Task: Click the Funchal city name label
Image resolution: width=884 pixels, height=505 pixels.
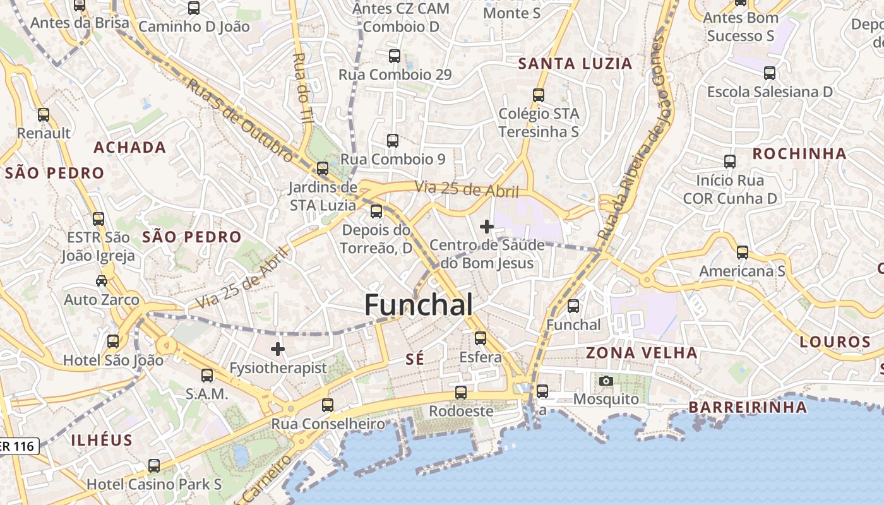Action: (419, 305)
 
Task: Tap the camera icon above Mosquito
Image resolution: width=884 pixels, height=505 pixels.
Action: (606, 381)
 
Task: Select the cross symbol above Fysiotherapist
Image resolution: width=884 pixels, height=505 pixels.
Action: (278, 348)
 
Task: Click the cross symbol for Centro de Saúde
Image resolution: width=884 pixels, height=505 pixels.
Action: (487, 226)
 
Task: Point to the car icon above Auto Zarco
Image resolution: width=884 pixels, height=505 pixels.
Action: (101, 280)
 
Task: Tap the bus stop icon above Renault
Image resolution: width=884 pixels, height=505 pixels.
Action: (44, 115)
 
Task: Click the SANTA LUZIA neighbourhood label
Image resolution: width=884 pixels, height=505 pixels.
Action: (575, 63)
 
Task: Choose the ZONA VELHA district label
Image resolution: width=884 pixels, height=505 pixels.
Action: (642, 352)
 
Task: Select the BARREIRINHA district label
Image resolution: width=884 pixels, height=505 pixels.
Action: (748, 407)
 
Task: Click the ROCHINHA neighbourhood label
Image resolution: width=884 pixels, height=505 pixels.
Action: (799, 153)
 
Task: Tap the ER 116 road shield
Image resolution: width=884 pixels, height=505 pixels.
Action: (19, 446)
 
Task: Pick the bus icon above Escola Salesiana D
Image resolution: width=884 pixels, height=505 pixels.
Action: (770, 73)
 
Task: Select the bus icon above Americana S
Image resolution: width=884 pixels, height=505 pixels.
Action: (743, 252)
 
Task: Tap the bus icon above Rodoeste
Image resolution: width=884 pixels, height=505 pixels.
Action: (461, 392)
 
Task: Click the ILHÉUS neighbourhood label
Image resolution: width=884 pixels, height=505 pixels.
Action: (102, 440)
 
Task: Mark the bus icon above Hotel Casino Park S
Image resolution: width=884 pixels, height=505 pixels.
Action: (154, 466)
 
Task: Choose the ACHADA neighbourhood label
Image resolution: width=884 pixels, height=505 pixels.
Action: (129, 148)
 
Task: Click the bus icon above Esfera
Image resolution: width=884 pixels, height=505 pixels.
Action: (481, 338)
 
